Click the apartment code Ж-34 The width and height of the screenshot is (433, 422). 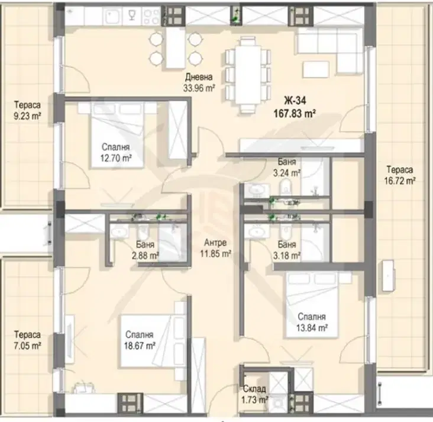tap(295, 101)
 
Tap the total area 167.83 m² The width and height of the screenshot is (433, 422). tap(295, 113)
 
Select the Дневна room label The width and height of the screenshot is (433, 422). tap(199, 76)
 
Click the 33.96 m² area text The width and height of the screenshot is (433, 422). tap(199, 88)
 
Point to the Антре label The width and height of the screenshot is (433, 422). tap(215, 242)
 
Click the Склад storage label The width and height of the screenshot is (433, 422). tap(254, 389)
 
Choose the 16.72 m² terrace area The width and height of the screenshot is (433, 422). tap(400, 181)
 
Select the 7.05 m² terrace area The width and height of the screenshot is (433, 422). tap(27, 346)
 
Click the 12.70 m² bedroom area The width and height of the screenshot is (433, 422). tap(116, 159)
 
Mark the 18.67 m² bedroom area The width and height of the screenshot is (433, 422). tap(140, 346)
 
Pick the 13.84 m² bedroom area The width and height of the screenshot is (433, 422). tap(312, 328)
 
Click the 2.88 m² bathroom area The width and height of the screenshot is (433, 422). tap(146, 256)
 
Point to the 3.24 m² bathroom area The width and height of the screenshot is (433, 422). tap(287, 173)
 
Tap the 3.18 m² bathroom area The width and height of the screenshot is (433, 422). tap(287, 256)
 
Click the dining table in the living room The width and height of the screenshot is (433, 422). tap(248, 75)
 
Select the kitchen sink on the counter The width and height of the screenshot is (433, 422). tap(112, 17)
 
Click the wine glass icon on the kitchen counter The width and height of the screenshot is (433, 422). tap(133, 16)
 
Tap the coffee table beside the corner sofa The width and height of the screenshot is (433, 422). tap(316, 69)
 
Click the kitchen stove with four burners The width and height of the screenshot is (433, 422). tap(151, 17)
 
